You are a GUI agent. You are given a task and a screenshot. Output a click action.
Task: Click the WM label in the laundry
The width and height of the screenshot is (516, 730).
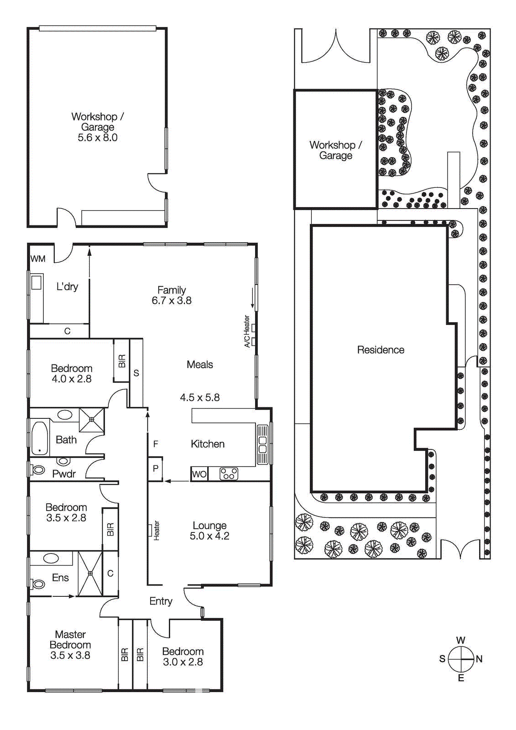coord(38,259)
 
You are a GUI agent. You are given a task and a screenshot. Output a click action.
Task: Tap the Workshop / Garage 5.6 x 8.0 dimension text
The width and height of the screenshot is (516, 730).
coord(98,137)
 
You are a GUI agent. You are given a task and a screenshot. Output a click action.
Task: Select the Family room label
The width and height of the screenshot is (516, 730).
coord(172,290)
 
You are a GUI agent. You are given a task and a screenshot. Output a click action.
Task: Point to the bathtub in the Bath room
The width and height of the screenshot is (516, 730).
coord(40,438)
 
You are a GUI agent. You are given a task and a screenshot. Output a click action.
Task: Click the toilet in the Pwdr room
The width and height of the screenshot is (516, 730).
coord(38,469)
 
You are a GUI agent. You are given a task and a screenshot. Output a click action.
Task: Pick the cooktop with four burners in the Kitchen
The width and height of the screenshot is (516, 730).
coord(229,474)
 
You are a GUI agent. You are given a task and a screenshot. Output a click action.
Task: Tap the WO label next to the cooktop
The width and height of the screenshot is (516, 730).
coord(199,474)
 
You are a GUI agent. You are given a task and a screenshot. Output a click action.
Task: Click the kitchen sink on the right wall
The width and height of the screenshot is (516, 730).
coord(262,444)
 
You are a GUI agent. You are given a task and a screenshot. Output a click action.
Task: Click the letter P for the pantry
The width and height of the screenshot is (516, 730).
coord(156,469)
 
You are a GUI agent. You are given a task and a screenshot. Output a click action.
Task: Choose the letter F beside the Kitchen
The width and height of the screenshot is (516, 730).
coord(156,444)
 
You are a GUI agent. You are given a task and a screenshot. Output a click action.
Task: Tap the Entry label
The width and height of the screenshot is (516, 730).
coord(161,601)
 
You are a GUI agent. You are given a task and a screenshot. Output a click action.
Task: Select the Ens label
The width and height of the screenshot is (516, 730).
coord(60,578)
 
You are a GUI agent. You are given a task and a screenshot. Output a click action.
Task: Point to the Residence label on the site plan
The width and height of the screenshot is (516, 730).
coord(380,349)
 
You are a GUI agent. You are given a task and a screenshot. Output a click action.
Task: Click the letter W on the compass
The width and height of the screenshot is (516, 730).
coord(461,640)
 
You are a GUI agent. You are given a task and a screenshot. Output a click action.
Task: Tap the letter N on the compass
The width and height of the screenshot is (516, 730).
coord(479,659)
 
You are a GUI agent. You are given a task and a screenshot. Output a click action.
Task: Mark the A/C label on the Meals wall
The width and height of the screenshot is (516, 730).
coord(247,340)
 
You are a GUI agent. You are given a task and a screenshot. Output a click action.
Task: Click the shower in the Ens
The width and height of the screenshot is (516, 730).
coord(90,573)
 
